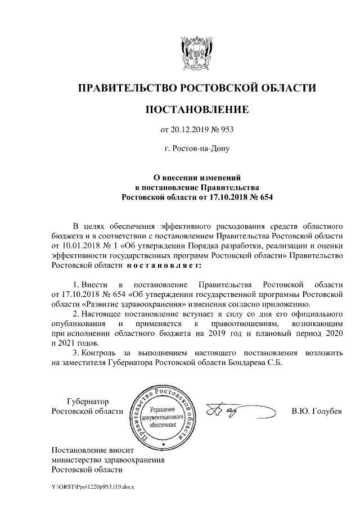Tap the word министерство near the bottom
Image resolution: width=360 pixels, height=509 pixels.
point(80,460)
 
